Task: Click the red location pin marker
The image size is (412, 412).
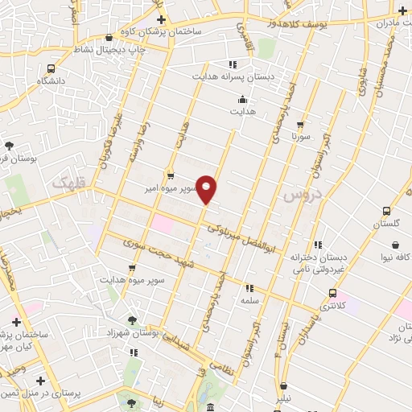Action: [207, 189]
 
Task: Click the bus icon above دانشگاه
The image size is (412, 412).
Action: [51, 69]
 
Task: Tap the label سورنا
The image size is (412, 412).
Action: [300, 137]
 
